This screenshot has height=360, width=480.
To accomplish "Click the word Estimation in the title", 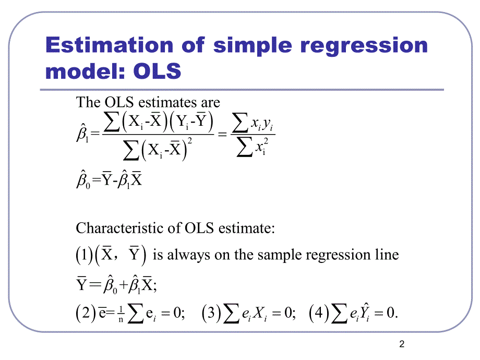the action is (109, 45).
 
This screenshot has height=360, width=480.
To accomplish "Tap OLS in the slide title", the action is (157, 71).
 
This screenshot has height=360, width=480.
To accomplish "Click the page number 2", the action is (402, 344).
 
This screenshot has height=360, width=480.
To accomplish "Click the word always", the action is (188, 255).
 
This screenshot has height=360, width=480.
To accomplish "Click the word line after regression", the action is (387, 255).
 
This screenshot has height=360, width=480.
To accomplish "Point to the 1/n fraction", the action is (121, 315).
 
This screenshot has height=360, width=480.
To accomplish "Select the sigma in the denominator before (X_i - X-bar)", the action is (131, 150).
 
